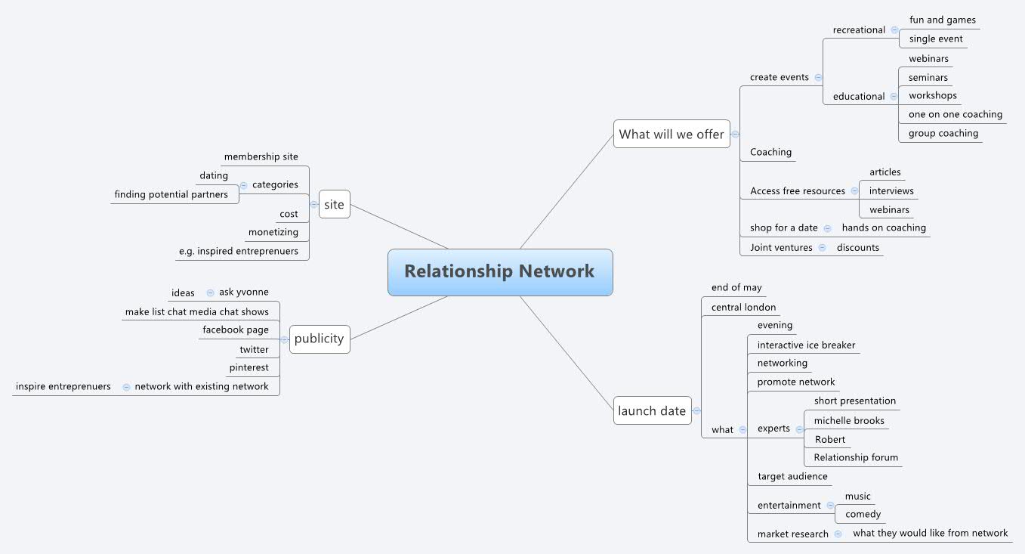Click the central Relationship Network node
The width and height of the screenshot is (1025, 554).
tap(500, 272)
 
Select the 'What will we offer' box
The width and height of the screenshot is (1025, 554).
tap(671, 135)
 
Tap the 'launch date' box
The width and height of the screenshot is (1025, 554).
tap(652, 411)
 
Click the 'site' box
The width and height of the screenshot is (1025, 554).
tap(334, 204)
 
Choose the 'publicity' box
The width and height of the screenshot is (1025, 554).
tap(319, 339)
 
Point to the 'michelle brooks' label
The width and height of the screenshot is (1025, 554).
tap(849, 421)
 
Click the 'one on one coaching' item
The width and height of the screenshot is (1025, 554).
tap(955, 115)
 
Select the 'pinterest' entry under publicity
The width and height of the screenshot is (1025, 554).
tap(249, 368)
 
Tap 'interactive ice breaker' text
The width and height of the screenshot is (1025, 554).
tap(806, 345)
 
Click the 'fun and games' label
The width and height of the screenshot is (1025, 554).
tap(942, 20)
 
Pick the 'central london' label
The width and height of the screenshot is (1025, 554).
tap(743, 308)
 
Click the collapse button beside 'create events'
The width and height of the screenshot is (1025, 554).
tap(818, 77)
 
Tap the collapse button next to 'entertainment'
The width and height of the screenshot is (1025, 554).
tap(830, 505)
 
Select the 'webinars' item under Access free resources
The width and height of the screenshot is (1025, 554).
tap(889, 210)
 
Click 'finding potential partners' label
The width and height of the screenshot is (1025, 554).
tap(171, 195)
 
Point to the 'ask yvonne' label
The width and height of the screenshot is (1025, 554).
tap(243, 292)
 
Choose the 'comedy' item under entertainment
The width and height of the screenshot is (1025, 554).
tap(863, 515)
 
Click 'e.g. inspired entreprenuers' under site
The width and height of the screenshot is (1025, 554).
tap(238, 252)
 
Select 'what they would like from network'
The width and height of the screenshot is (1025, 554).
tap(930, 534)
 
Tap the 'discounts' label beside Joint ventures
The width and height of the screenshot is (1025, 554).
tap(857, 248)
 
